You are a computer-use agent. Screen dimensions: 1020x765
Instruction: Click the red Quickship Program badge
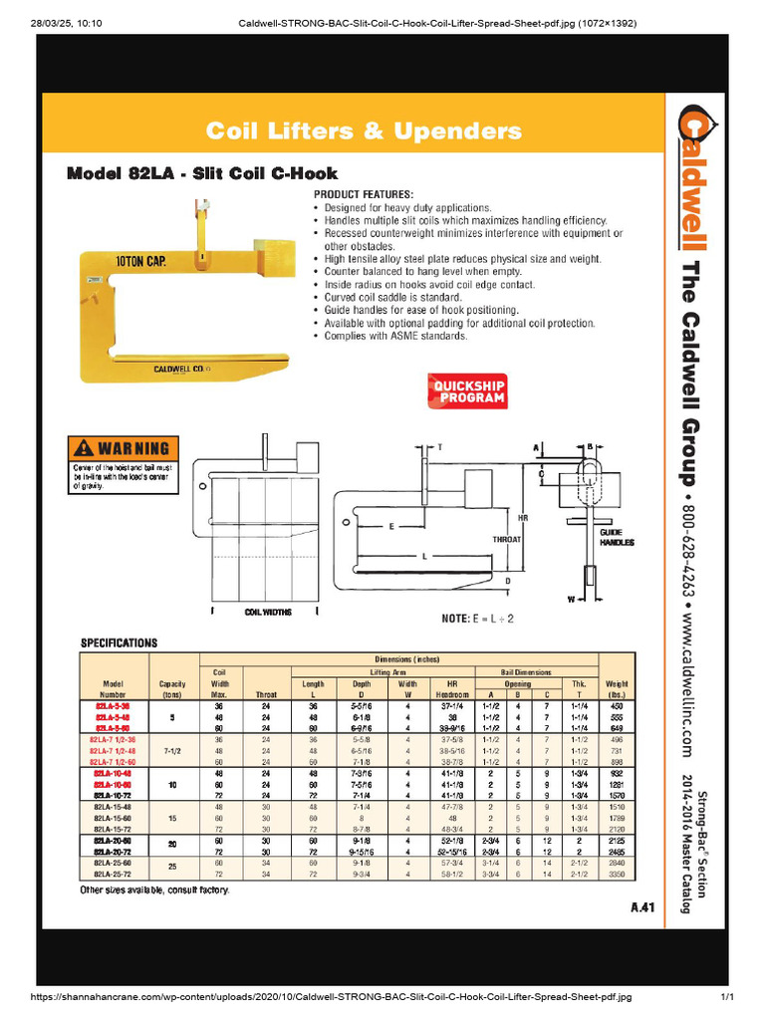click(x=467, y=390)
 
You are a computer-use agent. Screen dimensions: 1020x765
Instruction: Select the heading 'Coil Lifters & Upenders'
click(x=363, y=131)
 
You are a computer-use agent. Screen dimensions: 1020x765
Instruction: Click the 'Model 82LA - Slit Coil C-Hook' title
click(x=201, y=173)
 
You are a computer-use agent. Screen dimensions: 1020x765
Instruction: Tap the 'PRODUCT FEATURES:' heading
click(x=364, y=192)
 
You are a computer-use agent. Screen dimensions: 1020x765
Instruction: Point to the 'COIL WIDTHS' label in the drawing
click(x=269, y=613)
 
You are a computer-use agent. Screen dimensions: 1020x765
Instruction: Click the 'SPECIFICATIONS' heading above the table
click(x=119, y=643)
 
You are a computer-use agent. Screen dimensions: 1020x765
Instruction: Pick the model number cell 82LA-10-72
click(x=114, y=796)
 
